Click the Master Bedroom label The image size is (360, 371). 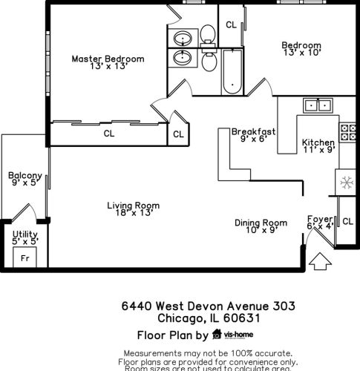point(108,59)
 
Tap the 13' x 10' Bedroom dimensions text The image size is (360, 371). point(301,53)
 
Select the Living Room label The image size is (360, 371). point(133,206)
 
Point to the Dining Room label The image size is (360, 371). point(261,222)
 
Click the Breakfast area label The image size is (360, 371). point(253,131)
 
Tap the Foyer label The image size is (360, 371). point(319,219)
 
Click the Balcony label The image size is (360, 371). point(24,176)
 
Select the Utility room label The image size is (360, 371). point(24,234)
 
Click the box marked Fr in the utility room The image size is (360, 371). point(24,258)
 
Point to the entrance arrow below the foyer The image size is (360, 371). point(319,261)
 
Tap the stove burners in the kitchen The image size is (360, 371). point(346,133)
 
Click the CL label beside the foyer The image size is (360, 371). point(347,221)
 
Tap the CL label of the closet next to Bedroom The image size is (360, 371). point(231,24)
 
